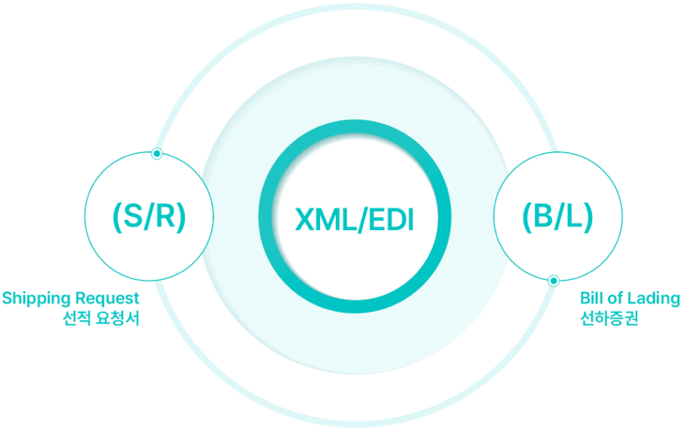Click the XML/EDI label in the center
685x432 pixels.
tap(353, 220)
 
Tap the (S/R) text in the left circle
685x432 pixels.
tap(148, 217)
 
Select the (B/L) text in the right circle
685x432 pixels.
tap(557, 217)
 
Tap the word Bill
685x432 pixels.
tap(593, 299)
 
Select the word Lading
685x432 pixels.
tap(657, 299)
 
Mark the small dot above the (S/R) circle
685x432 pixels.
tap(157, 153)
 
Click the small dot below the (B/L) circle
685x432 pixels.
tap(554, 280)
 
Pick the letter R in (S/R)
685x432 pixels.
tap(164, 217)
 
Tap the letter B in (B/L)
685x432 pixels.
tap(544, 217)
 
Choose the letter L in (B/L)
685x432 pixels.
tap(574, 217)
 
